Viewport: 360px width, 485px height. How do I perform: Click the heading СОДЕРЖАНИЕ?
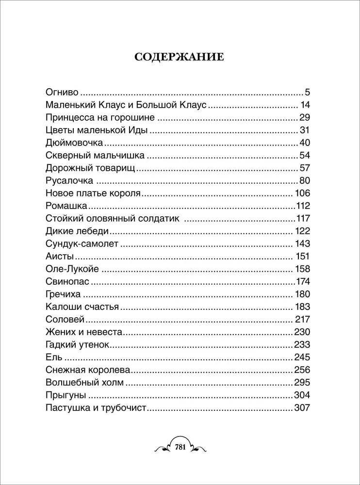tap(179, 57)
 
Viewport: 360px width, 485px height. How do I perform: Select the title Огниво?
tap(62, 92)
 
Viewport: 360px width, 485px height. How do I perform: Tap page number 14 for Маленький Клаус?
tap(305, 104)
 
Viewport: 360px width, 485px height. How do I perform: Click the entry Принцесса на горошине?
tap(100, 117)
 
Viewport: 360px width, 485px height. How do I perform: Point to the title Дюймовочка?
tap(75, 143)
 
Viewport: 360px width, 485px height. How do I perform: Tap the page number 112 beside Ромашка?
tap(302, 206)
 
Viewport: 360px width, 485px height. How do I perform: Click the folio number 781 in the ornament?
tap(180, 447)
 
